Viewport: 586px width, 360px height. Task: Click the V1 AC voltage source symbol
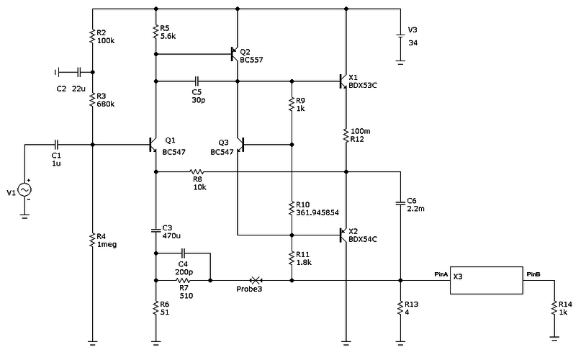coord(24,190)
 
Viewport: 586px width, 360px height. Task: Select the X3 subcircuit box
coord(486,280)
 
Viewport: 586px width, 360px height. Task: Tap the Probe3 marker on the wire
coord(256,280)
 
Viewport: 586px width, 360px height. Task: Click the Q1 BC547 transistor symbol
coord(153,145)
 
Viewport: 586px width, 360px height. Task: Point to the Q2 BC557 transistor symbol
coord(234,54)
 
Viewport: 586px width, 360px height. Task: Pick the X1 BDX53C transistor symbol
coord(343,81)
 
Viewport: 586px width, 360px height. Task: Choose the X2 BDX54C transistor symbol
coord(343,235)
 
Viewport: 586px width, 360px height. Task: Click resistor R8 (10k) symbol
coord(197,172)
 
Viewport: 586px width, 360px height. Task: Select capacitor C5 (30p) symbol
coord(197,81)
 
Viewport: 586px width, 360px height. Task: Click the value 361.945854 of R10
coord(317,212)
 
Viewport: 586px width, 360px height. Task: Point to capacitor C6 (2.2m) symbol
coord(401,203)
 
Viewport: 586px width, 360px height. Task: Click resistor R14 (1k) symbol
coord(554,308)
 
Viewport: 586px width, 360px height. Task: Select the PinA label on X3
coord(441,274)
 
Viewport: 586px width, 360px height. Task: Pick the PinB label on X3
coord(533,274)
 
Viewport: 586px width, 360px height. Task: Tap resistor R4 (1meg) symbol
coord(93,240)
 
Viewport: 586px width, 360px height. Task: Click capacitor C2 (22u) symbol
coord(79,72)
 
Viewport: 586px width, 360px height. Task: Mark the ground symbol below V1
coord(24,216)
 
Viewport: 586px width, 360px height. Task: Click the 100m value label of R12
coord(360,131)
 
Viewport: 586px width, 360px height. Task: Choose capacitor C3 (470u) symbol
coord(156,230)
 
